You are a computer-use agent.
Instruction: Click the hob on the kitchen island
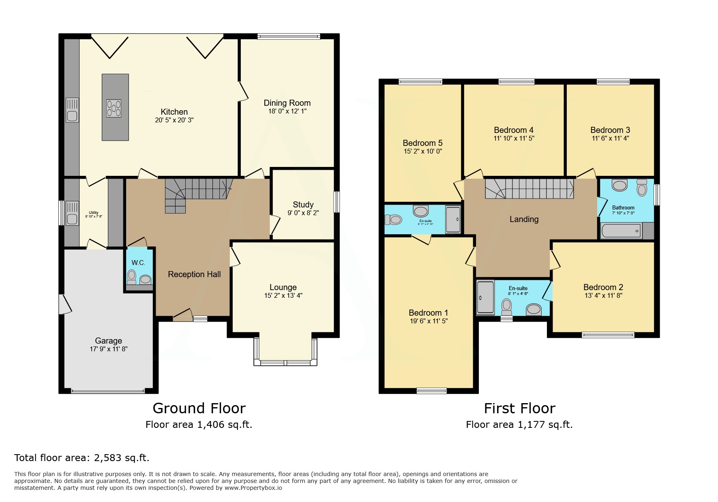click(x=114, y=108)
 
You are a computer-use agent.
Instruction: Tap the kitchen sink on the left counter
click(x=72, y=110)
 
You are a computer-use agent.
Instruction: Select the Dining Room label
click(x=287, y=103)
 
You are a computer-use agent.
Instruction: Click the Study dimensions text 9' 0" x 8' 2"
click(x=303, y=213)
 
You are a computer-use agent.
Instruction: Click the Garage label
click(x=108, y=341)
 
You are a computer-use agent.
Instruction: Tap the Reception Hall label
click(x=194, y=274)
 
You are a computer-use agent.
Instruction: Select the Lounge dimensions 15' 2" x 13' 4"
click(x=283, y=296)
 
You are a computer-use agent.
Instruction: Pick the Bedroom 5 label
click(x=422, y=143)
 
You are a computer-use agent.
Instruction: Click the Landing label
click(x=524, y=219)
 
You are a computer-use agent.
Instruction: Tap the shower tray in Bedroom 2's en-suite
click(x=485, y=298)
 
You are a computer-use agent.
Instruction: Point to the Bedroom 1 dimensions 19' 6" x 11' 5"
click(x=429, y=321)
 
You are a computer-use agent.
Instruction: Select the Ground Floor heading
click(x=199, y=408)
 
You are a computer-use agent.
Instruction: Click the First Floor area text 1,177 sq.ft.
click(x=545, y=425)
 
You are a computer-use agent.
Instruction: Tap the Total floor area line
click(x=82, y=458)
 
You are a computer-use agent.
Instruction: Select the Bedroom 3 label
click(x=610, y=130)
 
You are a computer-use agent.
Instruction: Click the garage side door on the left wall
click(x=64, y=304)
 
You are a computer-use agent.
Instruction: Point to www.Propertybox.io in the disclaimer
click(x=253, y=488)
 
